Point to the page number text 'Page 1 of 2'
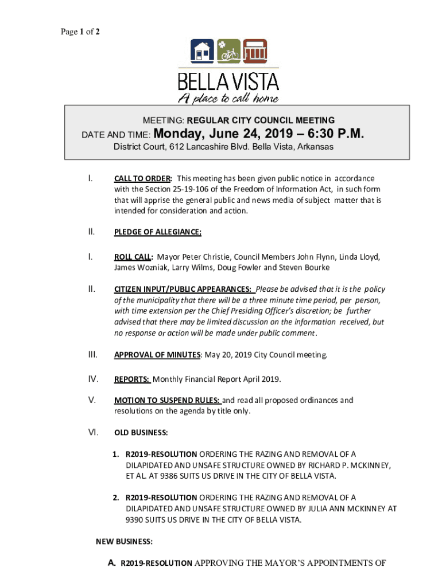tap(80, 32)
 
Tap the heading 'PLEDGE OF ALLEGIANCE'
tap(158, 232)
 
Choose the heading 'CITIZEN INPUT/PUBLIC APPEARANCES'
tap(183, 289)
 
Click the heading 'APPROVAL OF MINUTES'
tap(157, 355)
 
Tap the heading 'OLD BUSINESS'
tap(141, 432)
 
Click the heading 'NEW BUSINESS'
tap(124, 541)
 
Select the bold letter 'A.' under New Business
tap(113, 563)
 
